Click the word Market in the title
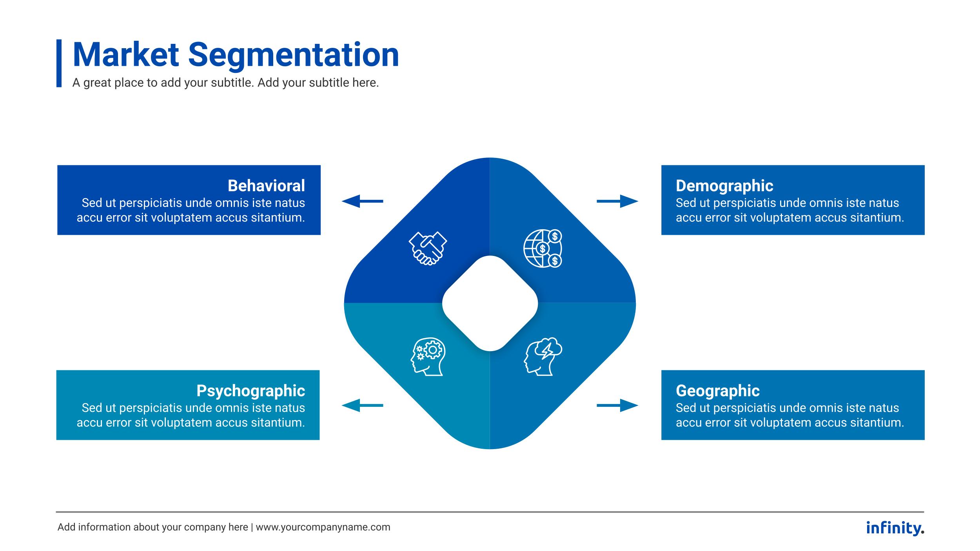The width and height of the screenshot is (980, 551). [126, 55]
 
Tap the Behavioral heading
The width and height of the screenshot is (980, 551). [266, 186]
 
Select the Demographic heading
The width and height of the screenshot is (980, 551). [724, 186]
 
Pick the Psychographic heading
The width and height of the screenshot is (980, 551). [250, 391]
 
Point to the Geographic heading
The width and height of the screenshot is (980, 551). [717, 391]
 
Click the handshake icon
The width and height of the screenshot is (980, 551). [428, 248]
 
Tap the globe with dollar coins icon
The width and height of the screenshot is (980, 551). [543, 248]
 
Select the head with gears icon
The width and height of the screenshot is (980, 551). [428, 357]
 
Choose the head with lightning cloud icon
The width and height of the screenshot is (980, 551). [543, 357]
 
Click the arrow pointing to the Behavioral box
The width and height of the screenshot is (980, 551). [362, 201]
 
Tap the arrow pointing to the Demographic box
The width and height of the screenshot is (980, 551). [617, 201]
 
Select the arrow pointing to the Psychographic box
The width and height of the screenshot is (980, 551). [362, 405]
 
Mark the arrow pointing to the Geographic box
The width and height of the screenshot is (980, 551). [617, 405]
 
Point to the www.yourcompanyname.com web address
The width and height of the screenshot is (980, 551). [323, 527]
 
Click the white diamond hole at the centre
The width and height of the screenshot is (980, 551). [490, 303]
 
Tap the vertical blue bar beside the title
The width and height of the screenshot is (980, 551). [59, 63]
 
